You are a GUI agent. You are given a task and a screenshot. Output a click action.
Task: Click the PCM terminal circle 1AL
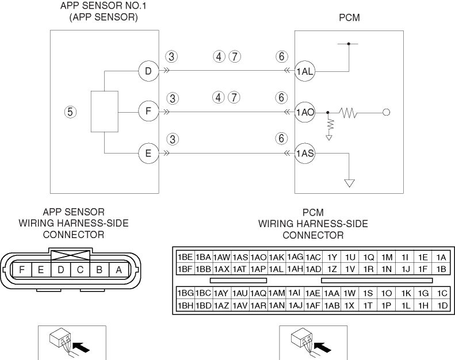click(x=304, y=71)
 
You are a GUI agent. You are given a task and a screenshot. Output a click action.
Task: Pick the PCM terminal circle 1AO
click(x=304, y=112)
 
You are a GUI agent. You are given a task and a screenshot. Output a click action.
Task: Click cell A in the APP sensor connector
click(x=118, y=269)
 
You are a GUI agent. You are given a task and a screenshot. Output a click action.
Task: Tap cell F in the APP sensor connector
click(x=22, y=269)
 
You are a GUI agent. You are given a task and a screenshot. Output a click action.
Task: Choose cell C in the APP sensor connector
click(x=80, y=269)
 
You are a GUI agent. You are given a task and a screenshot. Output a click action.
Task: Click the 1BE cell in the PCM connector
click(x=185, y=257)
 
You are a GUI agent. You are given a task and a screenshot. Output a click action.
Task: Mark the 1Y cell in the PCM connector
click(x=332, y=257)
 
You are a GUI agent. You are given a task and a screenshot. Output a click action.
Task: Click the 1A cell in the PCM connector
click(x=441, y=257)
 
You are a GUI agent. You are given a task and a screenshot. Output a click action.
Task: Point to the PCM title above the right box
click(x=350, y=19)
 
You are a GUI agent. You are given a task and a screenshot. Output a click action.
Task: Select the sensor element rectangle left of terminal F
click(x=104, y=111)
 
